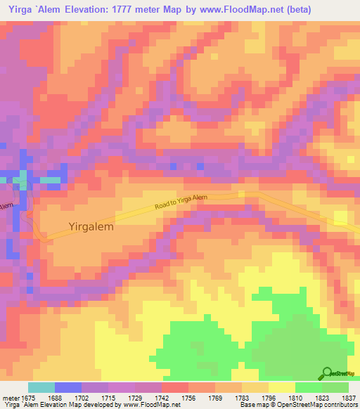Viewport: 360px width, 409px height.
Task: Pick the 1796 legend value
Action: [x=269, y=397]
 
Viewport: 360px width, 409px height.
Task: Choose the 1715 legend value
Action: [x=109, y=397]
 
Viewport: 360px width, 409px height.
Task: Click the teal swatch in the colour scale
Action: [x=41, y=387]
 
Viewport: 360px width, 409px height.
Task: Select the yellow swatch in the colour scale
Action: [x=282, y=387]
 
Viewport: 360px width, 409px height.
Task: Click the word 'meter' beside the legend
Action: [x=9, y=397]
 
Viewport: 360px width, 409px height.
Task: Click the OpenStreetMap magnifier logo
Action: [x=328, y=372]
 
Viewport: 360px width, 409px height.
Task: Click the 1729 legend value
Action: [x=136, y=397]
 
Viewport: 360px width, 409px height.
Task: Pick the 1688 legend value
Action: [x=55, y=397]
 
